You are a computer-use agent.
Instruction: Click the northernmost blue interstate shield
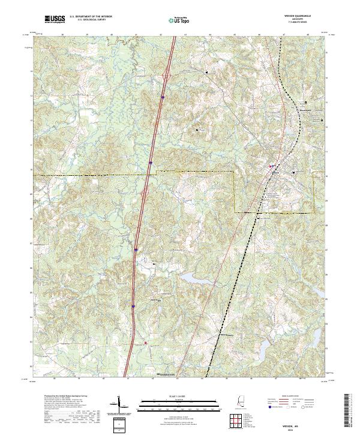[163, 95]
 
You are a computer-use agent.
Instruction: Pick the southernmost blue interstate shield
[133, 305]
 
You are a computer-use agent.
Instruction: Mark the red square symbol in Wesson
[271, 166]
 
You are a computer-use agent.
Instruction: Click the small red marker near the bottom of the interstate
[144, 343]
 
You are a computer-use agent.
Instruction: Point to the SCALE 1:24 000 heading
[180, 396]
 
